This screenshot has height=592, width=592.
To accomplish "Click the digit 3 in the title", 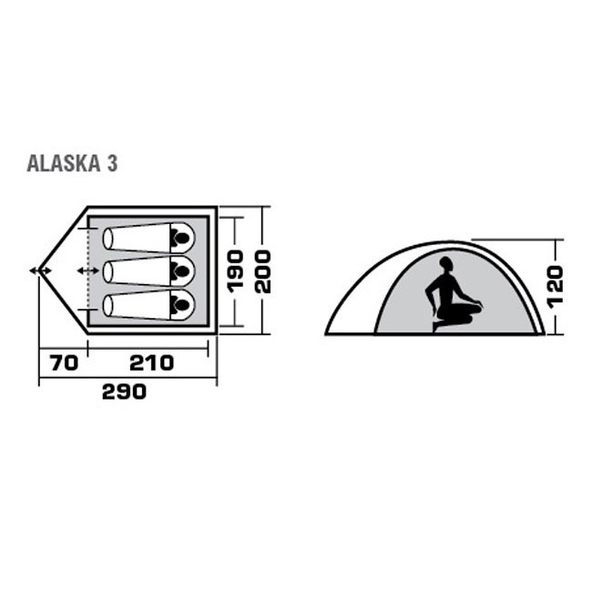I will click(110, 165).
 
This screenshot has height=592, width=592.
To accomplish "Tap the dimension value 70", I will click(63, 363).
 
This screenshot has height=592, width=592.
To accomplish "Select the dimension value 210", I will click(151, 363).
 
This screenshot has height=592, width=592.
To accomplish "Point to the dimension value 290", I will click(125, 393).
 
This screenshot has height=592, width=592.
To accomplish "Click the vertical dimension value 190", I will click(236, 270).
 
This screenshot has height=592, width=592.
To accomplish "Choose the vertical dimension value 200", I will click(263, 270).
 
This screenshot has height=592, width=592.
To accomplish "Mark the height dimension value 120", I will click(556, 285).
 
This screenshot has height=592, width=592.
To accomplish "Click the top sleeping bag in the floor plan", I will click(146, 239).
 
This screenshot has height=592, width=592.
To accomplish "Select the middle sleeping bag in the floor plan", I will click(146, 270).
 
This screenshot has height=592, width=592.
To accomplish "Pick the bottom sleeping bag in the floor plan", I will click(146, 303).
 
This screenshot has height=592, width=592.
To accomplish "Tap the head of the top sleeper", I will click(181, 239).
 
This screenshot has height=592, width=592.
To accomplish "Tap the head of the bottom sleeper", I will click(181, 303).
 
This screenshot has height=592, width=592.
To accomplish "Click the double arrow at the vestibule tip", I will click(40, 270).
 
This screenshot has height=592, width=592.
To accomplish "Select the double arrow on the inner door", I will click(87, 270).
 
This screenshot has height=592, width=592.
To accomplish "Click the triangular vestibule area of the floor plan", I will click(64, 270).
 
